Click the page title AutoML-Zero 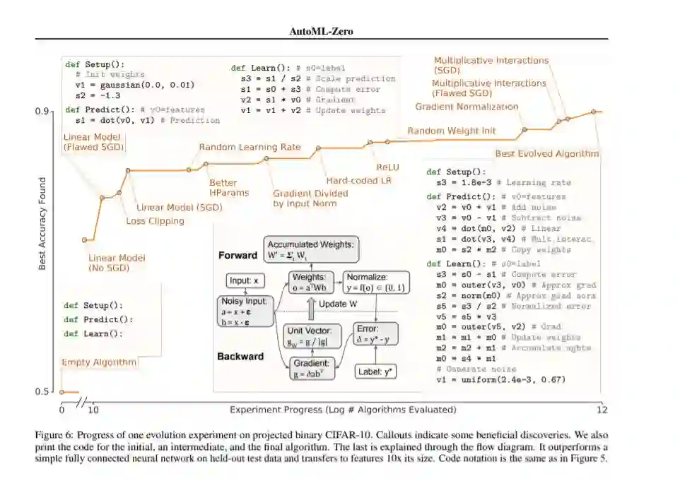[322, 31]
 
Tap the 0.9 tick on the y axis [42, 112]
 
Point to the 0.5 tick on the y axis [42, 392]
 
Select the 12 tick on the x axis [602, 410]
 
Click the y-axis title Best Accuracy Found [42, 223]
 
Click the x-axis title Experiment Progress [343, 410]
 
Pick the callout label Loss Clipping [155, 221]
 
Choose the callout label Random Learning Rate [250, 148]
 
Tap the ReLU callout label [387, 167]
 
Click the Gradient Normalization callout [467, 107]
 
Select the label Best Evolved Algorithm [546, 153]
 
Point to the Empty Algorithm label [99, 362]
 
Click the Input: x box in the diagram [245, 281]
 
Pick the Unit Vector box [313, 336]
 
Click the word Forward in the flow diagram [238, 256]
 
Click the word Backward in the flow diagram [240, 357]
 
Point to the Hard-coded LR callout [358, 180]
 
